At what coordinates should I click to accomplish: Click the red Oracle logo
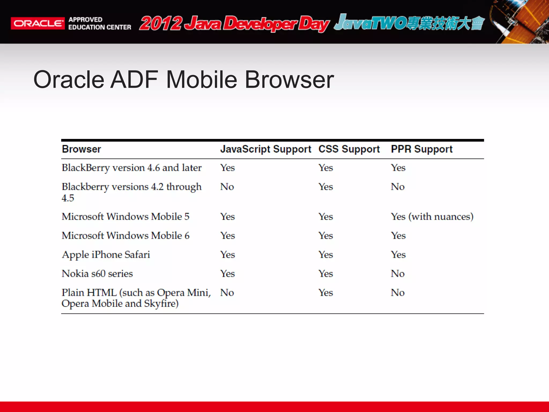[x=38, y=23]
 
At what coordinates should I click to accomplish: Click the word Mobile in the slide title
[x=202, y=80]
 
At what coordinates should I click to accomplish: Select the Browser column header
[x=81, y=149]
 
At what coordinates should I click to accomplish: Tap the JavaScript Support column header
[x=265, y=149]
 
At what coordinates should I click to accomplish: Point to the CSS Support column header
[x=349, y=149]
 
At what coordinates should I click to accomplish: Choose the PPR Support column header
[x=422, y=149]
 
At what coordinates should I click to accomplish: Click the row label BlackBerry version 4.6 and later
[x=132, y=168]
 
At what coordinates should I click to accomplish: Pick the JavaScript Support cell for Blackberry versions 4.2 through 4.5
[x=227, y=187]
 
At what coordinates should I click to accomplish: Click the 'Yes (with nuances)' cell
[x=432, y=216]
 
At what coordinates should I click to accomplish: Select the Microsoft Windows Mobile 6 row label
[x=125, y=236]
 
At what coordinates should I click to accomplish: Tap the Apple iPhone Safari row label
[x=106, y=255]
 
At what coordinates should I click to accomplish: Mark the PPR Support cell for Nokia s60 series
[x=398, y=274]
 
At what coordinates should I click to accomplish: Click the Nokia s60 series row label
[x=97, y=274]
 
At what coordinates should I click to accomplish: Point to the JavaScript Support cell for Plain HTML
[x=227, y=293]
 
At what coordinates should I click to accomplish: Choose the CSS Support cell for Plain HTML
[x=326, y=293]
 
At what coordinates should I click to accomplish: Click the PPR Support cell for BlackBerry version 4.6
[x=398, y=168]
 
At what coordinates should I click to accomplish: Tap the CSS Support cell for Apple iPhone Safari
[x=326, y=255]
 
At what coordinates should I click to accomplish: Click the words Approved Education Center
[x=99, y=23]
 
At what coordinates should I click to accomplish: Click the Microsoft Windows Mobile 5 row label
[x=125, y=216]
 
